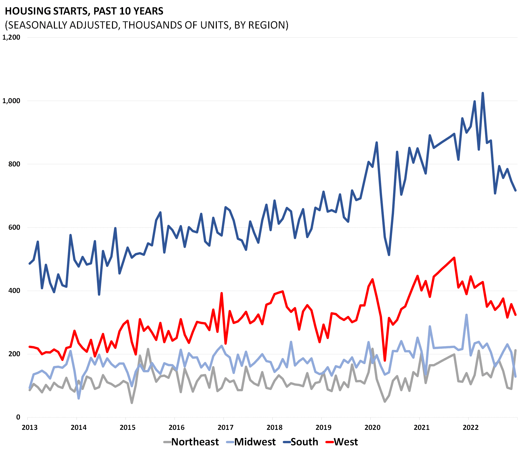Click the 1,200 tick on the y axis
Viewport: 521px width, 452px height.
click(x=11, y=37)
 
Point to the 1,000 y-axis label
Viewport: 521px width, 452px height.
click(x=11, y=101)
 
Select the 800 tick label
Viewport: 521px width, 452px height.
click(x=14, y=164)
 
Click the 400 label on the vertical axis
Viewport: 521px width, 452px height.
click(x=14, y=291)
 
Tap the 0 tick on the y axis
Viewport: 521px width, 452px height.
click(x=18, y=417)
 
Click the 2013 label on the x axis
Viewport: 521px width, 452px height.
click(x=30, y=428)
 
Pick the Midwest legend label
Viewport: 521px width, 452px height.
click(x=255, y=442)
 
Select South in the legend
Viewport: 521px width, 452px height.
click(x=304, y=442)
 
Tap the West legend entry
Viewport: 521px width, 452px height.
click(x=346, y=442)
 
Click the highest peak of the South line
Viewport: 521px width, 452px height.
click(x=483, y=93)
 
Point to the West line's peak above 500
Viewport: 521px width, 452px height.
click(x=454, y=258)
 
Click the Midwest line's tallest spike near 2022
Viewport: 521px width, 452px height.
click(x=467, y=315)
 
